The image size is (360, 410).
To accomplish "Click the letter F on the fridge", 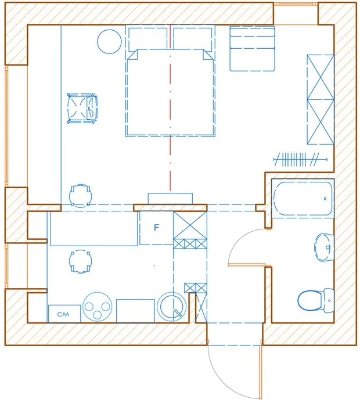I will click(156, 228).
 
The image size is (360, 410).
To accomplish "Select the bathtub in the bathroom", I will click(302, 199).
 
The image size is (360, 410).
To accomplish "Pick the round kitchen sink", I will click(171, 306).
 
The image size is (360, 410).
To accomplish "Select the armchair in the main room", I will click(82, 109).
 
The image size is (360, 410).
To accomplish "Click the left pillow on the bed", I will click(147, 39).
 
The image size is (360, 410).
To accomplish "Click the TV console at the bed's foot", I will click(170, 199).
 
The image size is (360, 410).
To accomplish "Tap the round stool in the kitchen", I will click(80, 261).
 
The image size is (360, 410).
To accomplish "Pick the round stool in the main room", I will click(80, 195).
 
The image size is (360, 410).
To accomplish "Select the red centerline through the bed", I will click(170, 116).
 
